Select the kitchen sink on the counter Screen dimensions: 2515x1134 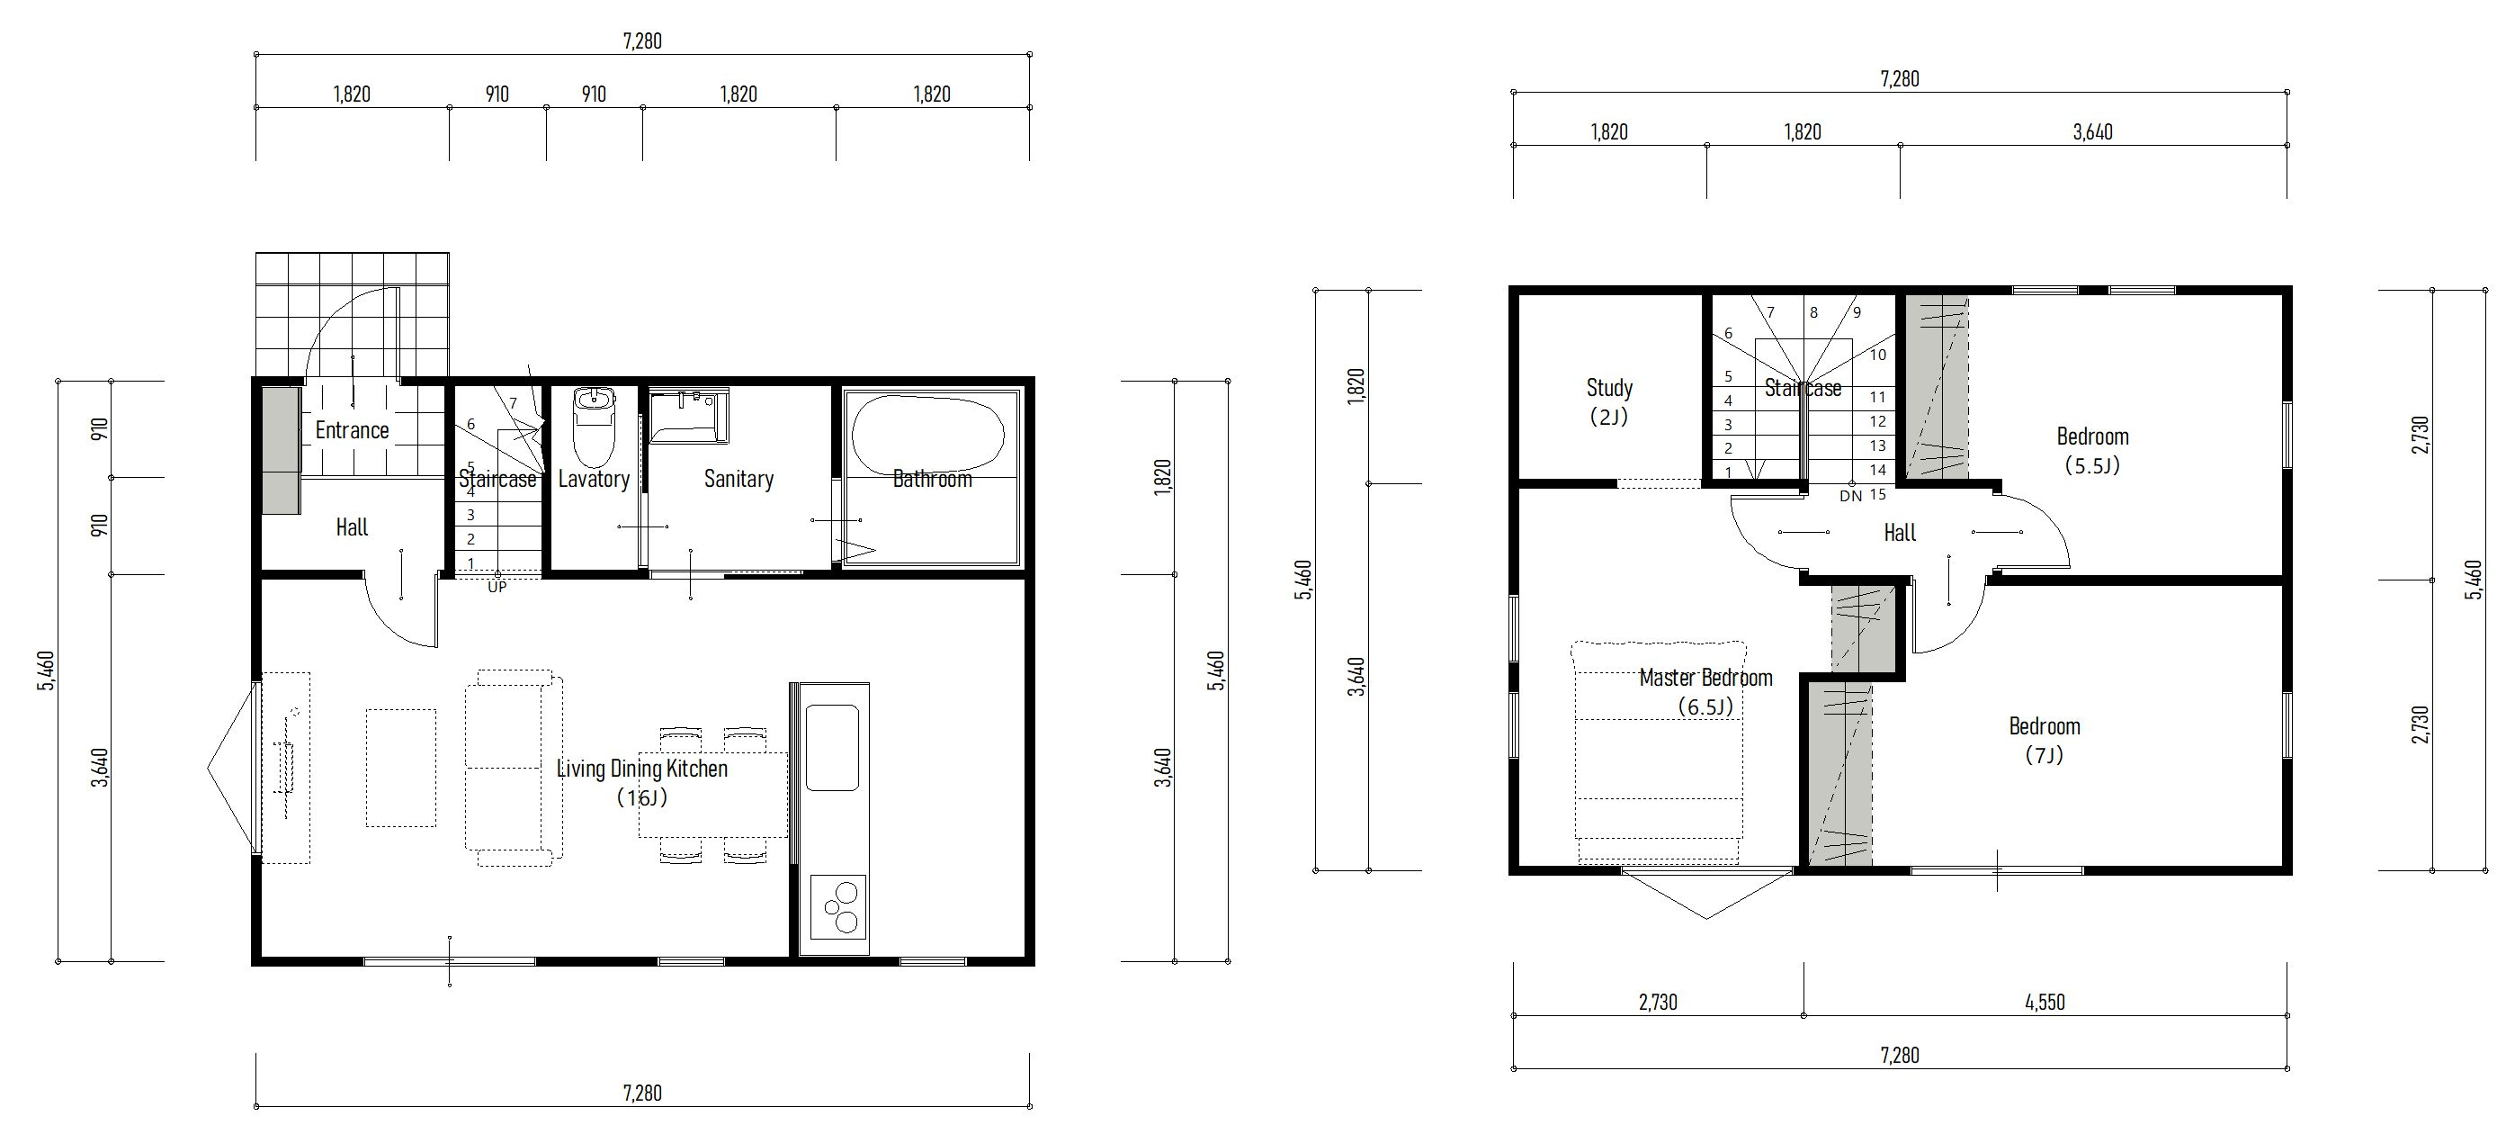coord(832,747)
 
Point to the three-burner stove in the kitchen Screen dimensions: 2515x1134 coord(837,908)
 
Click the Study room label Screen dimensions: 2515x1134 coord(1609,401)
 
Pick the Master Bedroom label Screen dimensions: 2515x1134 coord(1705,691)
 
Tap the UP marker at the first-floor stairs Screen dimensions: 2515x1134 coord(497,587)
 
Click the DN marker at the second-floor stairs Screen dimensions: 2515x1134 coord(1850,496)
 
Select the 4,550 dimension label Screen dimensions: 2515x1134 coord(2045,1002)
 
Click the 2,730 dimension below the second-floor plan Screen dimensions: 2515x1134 coord(1658,1002)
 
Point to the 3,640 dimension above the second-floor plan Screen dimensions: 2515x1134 coord(2092,132)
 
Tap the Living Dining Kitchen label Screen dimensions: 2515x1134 coord(641,782)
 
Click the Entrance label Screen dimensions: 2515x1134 coord(352,430)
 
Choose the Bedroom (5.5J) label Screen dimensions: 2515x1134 coord(2092,450)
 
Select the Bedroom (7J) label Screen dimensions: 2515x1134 coord(2045,741)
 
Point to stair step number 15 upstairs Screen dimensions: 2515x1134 coord(1877,495)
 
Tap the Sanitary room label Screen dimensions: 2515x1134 coord(738,479)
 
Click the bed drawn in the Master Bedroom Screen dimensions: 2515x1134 coord(1658,752)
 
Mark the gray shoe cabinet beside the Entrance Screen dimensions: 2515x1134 coord(282,450)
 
